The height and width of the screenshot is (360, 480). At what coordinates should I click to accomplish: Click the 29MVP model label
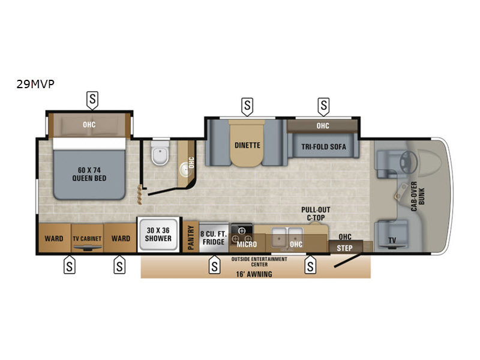click(35, 84)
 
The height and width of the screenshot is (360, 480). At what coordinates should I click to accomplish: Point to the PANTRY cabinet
click(191, 235)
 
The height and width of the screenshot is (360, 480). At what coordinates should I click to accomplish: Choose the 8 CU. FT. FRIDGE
click(213, 238)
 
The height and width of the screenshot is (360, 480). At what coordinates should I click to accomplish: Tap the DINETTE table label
click(247, 145)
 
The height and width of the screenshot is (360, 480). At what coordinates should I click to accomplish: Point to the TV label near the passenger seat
click(391, 241)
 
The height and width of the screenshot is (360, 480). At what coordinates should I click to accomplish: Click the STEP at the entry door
click(344, 247)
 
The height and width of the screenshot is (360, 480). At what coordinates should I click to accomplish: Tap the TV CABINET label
click(87, 238)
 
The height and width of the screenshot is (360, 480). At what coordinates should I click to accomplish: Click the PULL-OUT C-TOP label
click(316, 213)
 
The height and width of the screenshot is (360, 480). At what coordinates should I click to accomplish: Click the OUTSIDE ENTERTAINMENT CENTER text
click(259, 261)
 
